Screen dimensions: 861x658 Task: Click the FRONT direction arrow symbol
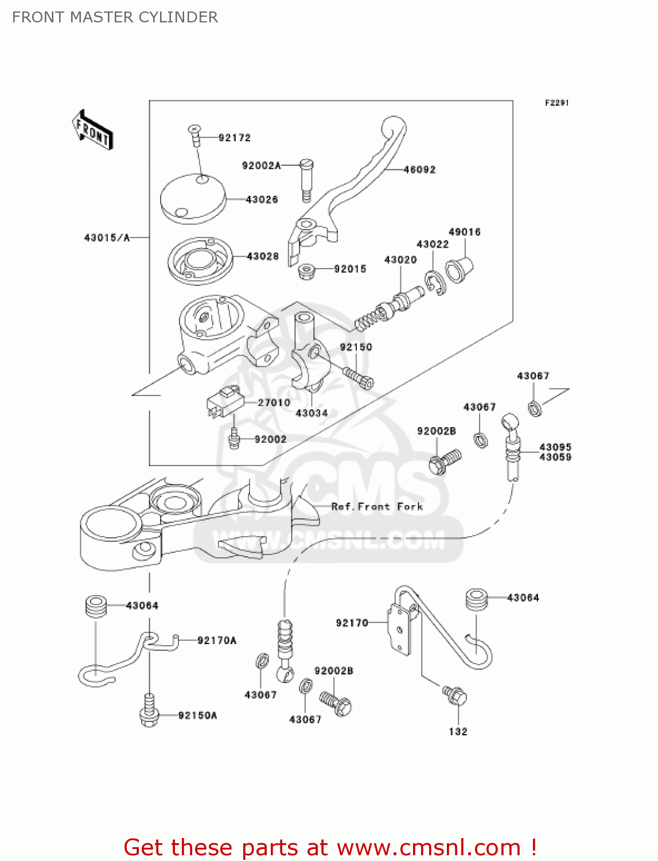pos(92,130)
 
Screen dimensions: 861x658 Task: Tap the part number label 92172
pos(235,138)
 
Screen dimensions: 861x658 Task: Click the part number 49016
pos(464,232)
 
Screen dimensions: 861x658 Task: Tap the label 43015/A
pos(107,237)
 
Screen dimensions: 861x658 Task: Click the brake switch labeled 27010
pos(225,401)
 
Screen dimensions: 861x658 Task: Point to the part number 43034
pos(312,413)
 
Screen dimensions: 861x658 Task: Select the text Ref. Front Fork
pos(377,506)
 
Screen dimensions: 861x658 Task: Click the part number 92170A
pos(217,641)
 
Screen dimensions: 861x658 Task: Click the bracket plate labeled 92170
pos(401,629)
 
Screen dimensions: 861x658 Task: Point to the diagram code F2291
pos(556,103)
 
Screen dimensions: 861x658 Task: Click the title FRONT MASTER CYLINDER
pos(115,17)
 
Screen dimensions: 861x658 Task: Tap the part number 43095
pos(555,447)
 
